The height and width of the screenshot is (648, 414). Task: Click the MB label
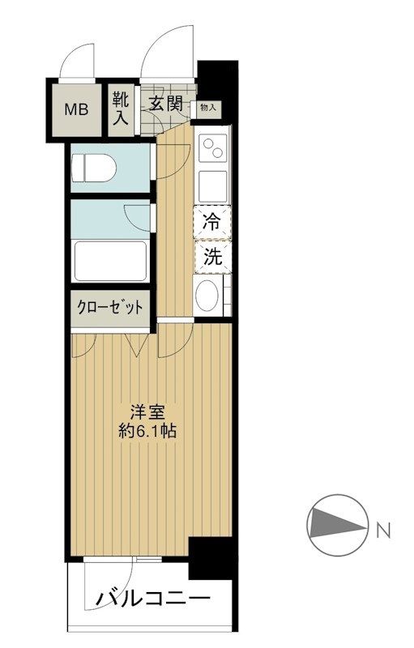[x=79, y=108]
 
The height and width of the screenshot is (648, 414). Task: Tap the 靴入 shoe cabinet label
[x=121, y=108]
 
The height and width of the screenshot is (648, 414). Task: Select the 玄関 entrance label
[x=164, y=104]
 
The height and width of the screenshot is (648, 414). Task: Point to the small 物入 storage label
[x=207, y=106]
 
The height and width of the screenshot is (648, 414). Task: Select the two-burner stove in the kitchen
[x=214, y=150]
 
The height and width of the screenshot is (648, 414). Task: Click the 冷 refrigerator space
[x=211, y=221]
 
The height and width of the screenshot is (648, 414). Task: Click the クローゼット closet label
[x=110, y=308]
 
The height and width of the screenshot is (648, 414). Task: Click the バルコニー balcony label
[x=154, y=600]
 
